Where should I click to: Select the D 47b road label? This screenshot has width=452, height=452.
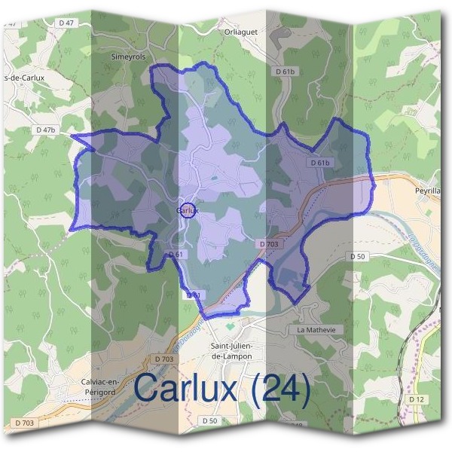[x=46, y=130]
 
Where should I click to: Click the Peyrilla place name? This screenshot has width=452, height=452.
[x=430, y=191]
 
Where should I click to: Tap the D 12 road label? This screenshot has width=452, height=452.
[x=417, y=398]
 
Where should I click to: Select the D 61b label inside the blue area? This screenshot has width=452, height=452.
[x=320, y=162]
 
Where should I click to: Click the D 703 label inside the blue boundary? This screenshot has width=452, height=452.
[x=269, y=244]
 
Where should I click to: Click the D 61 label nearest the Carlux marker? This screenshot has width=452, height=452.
[x=176, y=255]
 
